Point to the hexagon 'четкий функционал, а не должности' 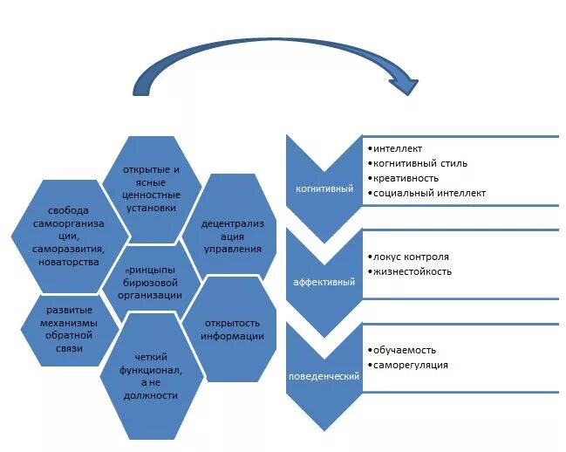(x=157, y=376)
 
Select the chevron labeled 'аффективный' (x=324, y=282)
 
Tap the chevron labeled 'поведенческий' (x=324, y=375)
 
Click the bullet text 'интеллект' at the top (x=399, y=149)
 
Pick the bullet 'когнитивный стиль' (x=420, y=163)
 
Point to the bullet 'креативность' (x=407, y=178)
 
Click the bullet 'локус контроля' (x=411, y=257)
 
